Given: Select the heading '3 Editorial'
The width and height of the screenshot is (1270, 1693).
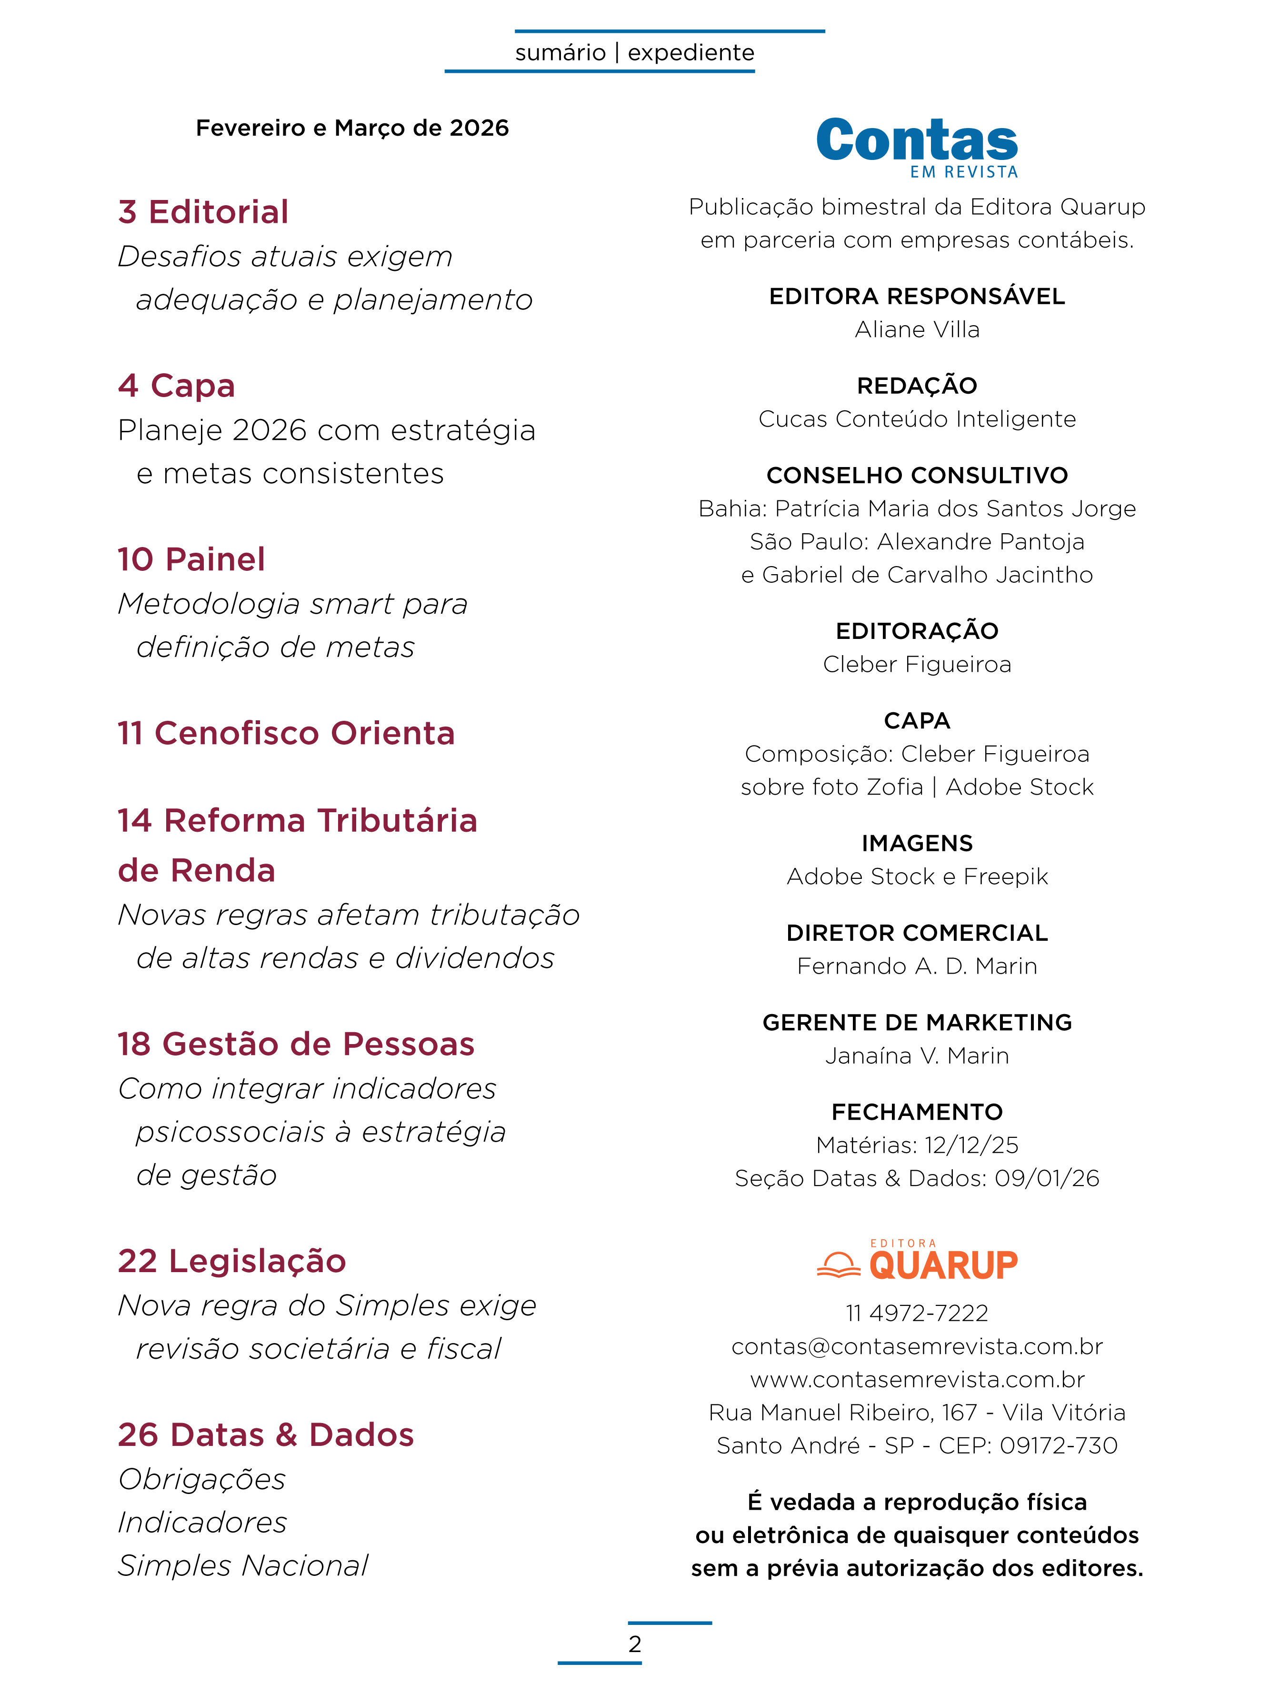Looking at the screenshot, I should (203, 212).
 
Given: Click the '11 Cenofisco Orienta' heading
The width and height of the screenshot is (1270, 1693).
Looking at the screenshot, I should (286, 733).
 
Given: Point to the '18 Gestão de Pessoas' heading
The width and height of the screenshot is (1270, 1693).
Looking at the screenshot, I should (296, 1044).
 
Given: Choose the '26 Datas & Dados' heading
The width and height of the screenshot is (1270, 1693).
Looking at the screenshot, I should (266, 1435).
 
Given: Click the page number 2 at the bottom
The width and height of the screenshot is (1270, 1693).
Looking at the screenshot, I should (635, 1644).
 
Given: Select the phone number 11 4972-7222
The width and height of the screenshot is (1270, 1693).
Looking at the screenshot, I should (917, 1314).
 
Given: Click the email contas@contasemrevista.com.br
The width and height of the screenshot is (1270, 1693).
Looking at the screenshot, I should (917, 1346).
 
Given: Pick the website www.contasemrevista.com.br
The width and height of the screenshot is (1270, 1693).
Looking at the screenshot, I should (917, 1379).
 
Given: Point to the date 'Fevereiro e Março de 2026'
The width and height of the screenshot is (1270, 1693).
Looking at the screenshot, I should (352, 128).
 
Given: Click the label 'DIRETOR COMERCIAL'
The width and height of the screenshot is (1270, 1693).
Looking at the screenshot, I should (917, 933).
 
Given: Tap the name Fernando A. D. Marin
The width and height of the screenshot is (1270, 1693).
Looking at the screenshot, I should (917, 966).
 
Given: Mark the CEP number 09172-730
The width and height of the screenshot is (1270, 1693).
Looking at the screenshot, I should (1058, 1446).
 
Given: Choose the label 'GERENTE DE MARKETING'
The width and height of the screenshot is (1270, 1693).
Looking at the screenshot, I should (917, 1023).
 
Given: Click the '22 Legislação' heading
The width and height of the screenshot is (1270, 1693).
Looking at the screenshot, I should (232, 1261).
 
